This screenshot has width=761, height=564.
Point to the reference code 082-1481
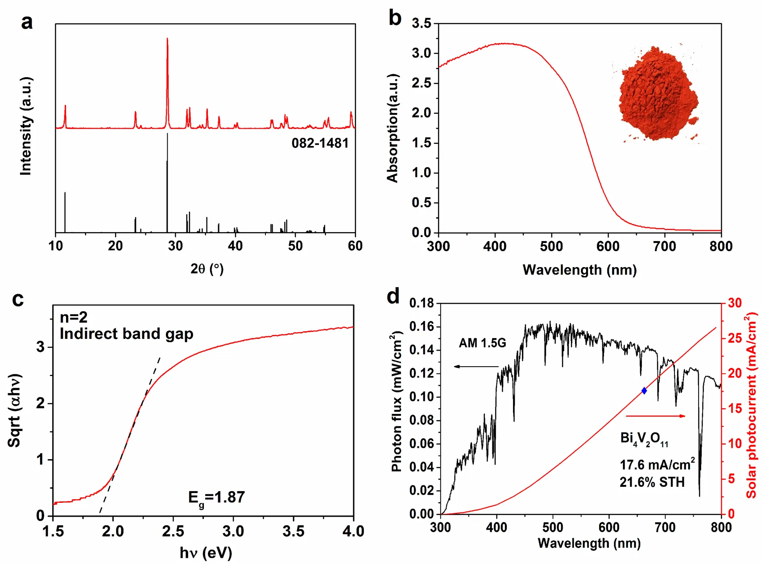[x=320, y=143]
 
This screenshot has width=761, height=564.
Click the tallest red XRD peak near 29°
[x=167, y=40]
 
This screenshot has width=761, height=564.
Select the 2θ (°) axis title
[x=207, y=269]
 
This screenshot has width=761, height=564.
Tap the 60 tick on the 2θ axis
[x=355, y=246]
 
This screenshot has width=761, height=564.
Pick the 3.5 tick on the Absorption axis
[x=422, y=23]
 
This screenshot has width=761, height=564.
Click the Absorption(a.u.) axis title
[x=393, y=128]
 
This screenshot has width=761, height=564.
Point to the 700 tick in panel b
[x=664, y=246]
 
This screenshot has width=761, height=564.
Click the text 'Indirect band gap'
[x=126, y=334]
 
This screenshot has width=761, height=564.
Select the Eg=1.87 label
[x=216, y=498]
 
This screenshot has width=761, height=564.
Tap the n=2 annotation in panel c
[x=74, y=318]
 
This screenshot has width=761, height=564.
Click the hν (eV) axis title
[x=206, y=553]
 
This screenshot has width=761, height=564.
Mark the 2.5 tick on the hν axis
[x=173, y=531]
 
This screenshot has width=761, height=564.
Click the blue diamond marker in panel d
[x=644, y=391]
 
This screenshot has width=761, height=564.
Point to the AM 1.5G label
[x=482, y=343]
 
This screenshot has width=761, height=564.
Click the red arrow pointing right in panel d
[x=656, y=416]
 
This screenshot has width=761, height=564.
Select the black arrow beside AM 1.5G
[x=476, y=367]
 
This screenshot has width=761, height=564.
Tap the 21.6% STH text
[x=652, y=482]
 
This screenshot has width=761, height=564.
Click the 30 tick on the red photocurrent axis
[x=735, y=303]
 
